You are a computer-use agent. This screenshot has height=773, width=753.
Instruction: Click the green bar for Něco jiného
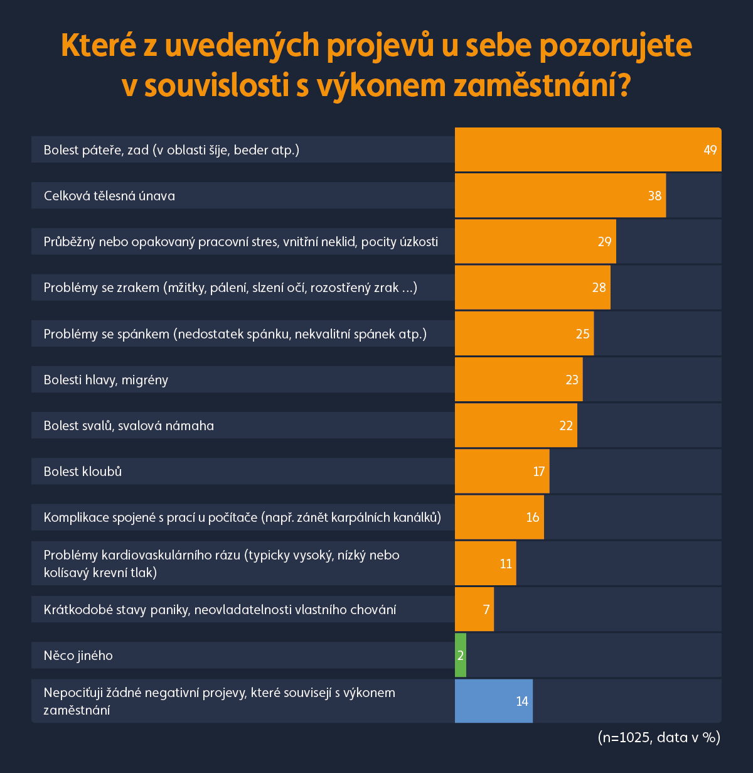pyautogui.click(x=461, y=655)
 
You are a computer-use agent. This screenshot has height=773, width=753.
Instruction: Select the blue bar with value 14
pyautogui.click(x=493, y=701)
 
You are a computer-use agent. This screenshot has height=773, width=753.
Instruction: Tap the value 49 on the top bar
pyautogui.click(x=710, y=150)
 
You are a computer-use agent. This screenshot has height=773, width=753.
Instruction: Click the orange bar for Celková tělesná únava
pyautogui.click(x=560, y=196)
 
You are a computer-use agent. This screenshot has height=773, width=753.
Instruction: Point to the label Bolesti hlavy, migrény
pyautogui.click(x=106, y=380)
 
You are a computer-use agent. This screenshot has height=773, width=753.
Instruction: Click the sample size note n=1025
pyautogui.click(x=658, y=737)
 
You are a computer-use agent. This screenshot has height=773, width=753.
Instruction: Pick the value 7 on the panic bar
pyautogui.click(x=486, y=610)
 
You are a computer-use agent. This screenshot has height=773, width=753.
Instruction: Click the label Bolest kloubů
pyautogui.click(x=83, y=472)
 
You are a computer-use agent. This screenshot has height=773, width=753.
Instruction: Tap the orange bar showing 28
pyautogui.click(x=532, y=288)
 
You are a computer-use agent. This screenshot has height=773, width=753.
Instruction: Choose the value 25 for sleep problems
pyautogui.click(x=583, y=334)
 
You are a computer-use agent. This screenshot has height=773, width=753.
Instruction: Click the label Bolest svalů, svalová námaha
pyautogui.click(x=129, y=426)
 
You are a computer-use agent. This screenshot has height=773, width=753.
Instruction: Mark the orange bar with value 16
pyautogui.click(x=499, y=517)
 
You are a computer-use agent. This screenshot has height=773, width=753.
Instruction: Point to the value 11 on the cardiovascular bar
pyautogui.click(x=506, y=564)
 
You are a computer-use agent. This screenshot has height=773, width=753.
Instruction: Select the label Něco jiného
pyautogui.click(x=78, y=656)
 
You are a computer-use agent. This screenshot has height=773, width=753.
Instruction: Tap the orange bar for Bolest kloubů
pyautogui.click(x=501, y=472)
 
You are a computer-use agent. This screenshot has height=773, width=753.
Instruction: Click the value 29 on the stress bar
pyautogui.click(x=604, y=242)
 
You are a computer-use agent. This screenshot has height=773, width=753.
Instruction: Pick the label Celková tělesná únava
pyautogui.click(x=109, y=196)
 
